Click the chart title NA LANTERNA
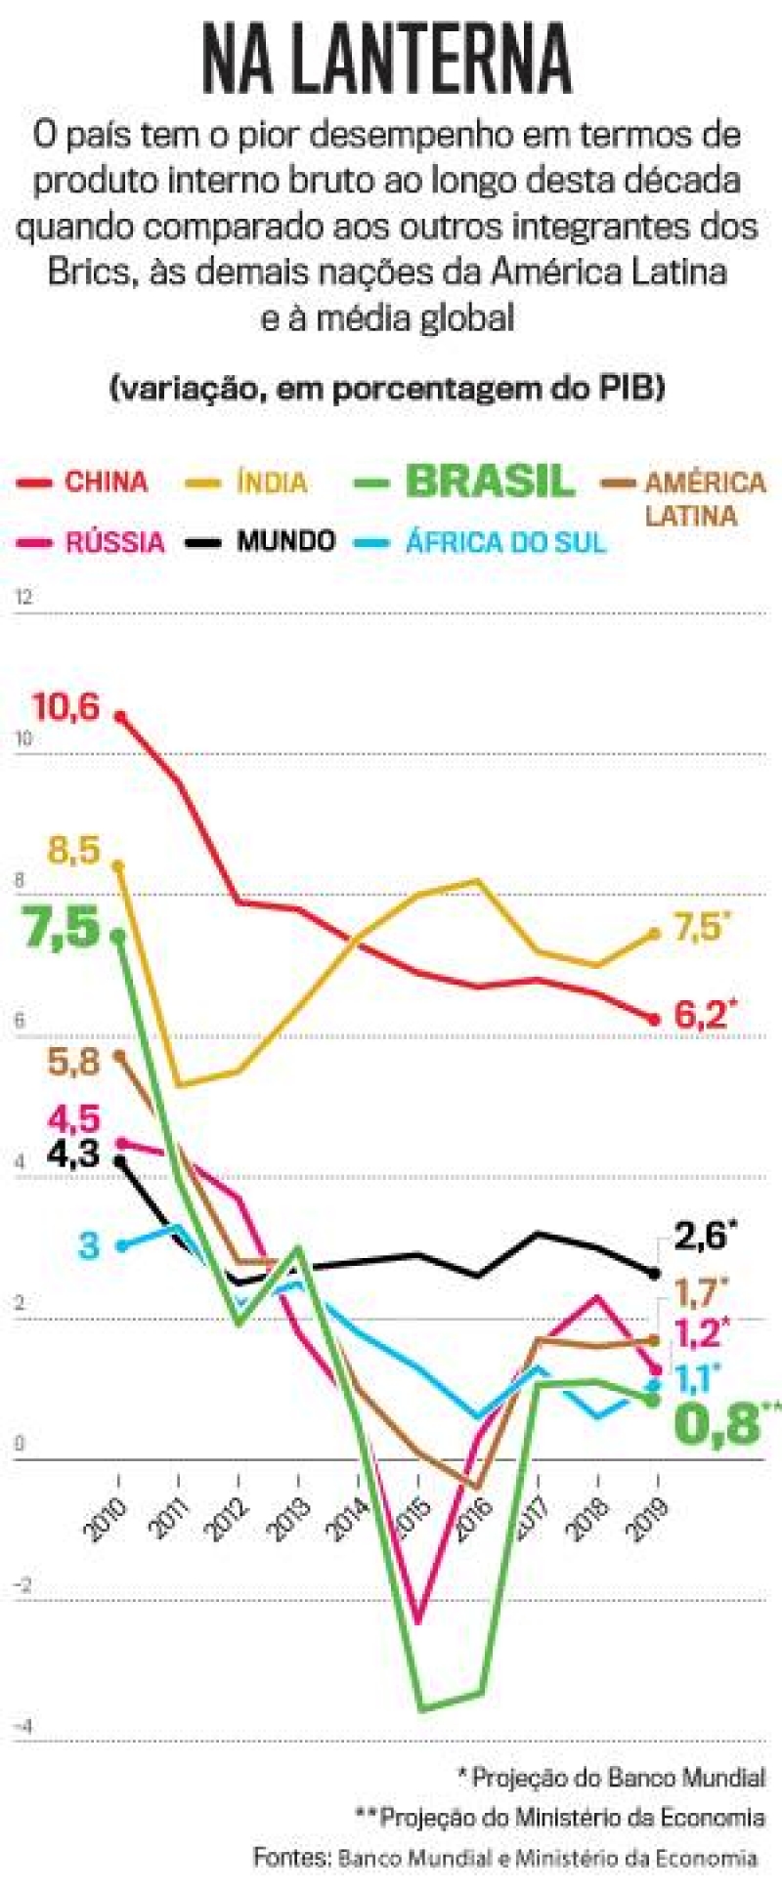[387, 61]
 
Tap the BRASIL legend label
[489, 481]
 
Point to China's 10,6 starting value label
[66, 706]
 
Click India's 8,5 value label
[74, 851]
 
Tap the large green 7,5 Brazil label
[64, 927]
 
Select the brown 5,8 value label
[74, 1061]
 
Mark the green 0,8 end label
[717, 1425]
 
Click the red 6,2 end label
[701, 1016]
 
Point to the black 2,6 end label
[701, 1236]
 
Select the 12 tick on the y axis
[23, 597]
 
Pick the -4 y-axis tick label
[22, 1728]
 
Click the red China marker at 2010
[119, 717]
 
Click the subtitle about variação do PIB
[388, 388]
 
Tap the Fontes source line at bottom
[504, 1857]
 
